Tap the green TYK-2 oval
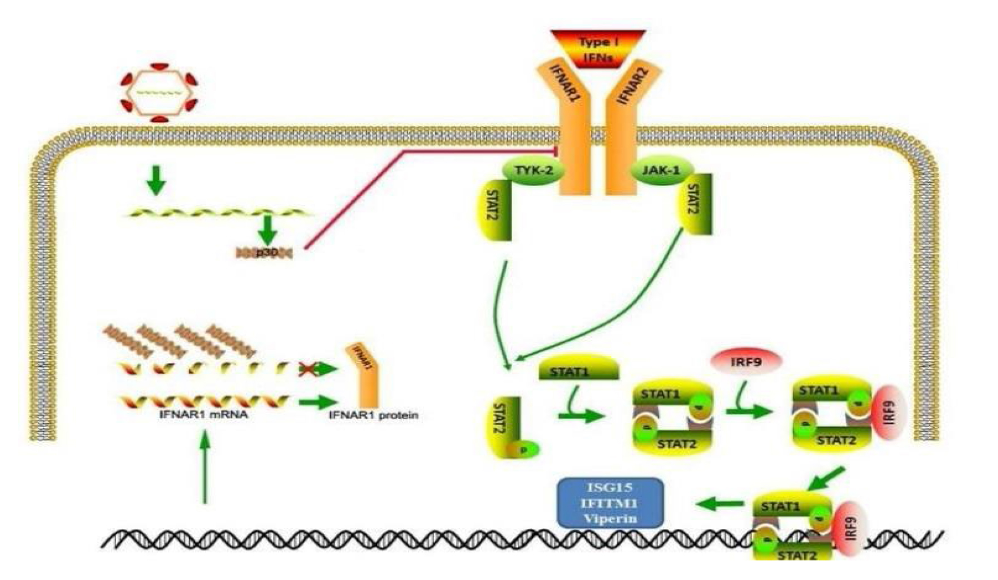533,170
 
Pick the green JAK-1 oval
662,170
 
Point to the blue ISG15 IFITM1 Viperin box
610,503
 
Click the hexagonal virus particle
159,92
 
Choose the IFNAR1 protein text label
374,415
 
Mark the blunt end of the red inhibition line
557,150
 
